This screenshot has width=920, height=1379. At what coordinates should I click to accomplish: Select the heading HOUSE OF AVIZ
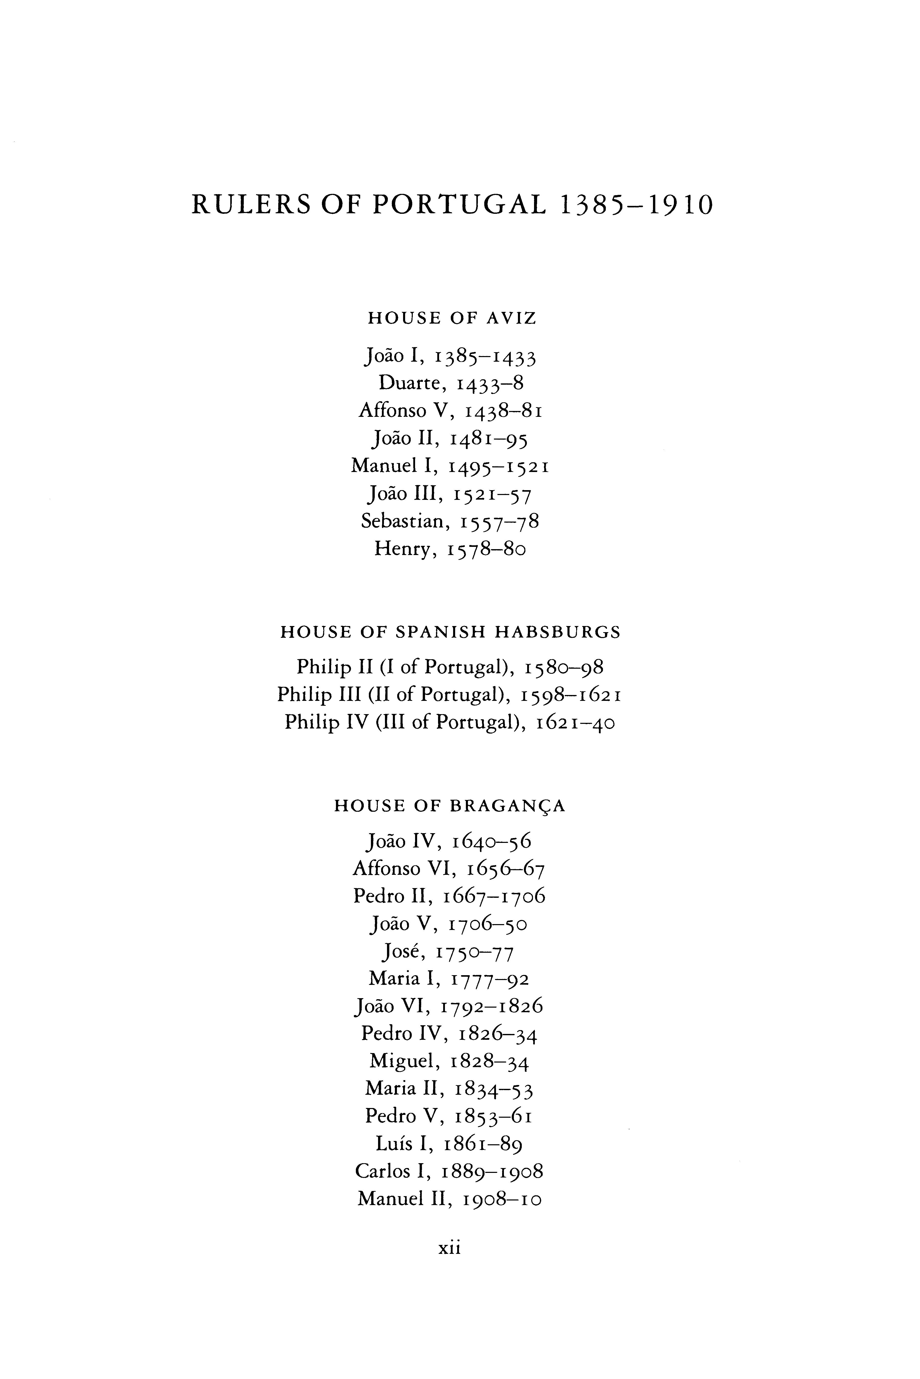click(452, 318)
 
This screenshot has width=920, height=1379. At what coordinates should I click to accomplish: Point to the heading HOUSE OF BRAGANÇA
click(450, 806)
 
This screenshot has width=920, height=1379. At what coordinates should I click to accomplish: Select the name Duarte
click(409, 383)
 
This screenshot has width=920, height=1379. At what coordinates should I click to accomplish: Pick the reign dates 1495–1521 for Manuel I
click(499, 467)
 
